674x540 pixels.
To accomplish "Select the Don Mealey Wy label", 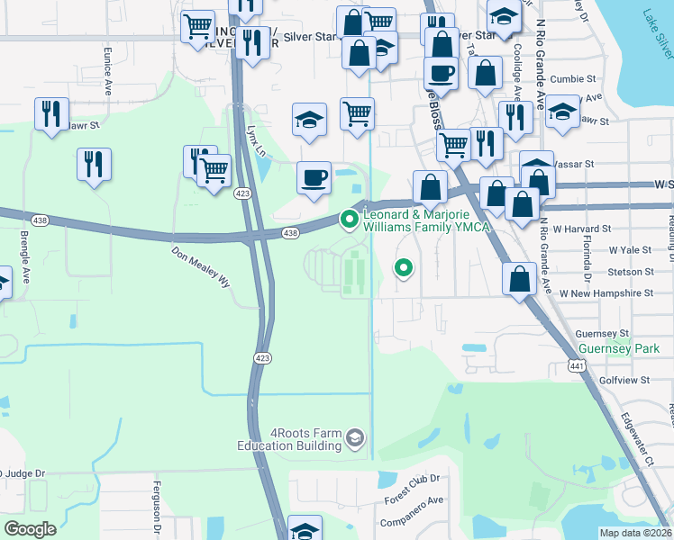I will (x=201, y=267).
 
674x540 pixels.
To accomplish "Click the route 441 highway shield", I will (x=577, y=364).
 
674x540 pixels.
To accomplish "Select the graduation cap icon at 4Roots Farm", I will (x=355, y=437).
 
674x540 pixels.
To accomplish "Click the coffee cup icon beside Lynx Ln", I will (x=314, y=176).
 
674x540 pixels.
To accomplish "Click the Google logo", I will (x=30, y=529).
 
